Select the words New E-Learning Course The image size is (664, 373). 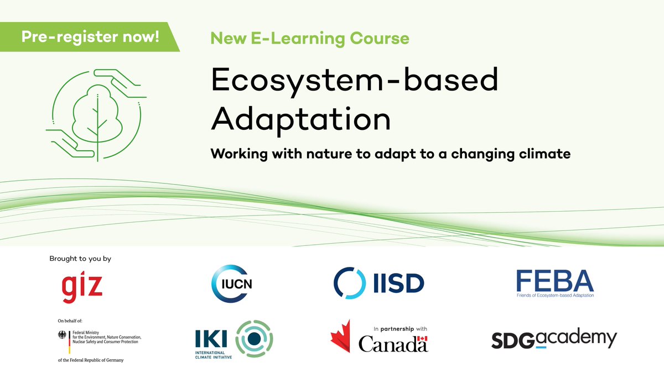(310, 39)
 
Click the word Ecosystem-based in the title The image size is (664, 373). (354, 82)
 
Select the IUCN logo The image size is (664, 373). (232, 284)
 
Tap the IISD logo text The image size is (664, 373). (397, 283)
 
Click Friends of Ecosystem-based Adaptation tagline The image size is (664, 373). (555, 296)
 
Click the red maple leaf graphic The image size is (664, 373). (342, 337)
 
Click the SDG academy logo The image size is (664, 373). (554, 339)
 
